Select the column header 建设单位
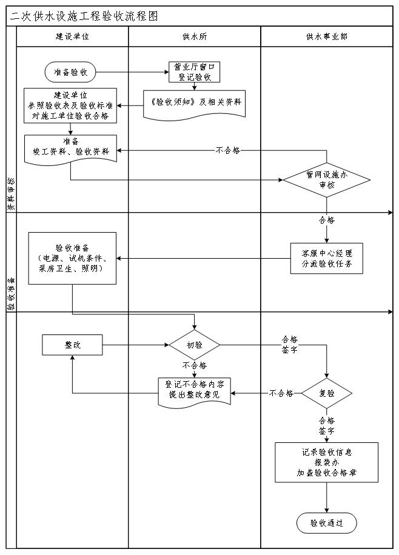tap(72, 36)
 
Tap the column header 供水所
tap(194, 36)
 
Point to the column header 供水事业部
tap(327, 36)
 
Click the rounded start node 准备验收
tap(70, 72)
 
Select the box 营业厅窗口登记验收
tap(194, 72)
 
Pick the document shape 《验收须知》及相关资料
tap(194, 102)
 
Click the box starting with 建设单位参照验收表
tap(70, 105)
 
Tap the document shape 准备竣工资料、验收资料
tap(70, 148)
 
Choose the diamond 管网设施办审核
tap(327, 180)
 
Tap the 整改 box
tap(72, 345)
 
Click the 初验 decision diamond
tap(194, 345)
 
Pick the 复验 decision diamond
tap(327, 393)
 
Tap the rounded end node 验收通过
tap(327, 522)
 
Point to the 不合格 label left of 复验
tap(281, 393)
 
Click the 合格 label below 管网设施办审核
tap(327, 220)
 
